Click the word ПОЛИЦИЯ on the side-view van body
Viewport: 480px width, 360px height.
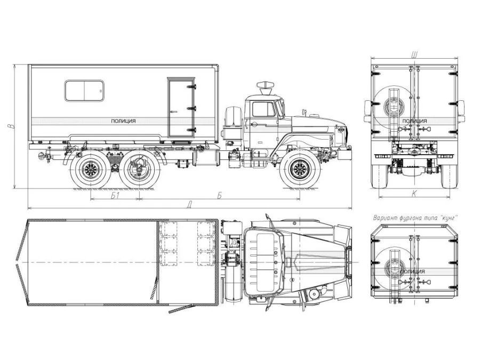[123, 121]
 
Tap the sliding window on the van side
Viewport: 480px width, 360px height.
[84, 91]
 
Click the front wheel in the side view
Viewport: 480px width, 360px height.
[298, 170]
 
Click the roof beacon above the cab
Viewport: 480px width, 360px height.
[265, 85]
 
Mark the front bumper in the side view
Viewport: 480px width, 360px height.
[344, 154]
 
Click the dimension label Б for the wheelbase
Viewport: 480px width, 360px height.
[220, 196]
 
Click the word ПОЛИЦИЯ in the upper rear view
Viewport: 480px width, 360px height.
[414, 121]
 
